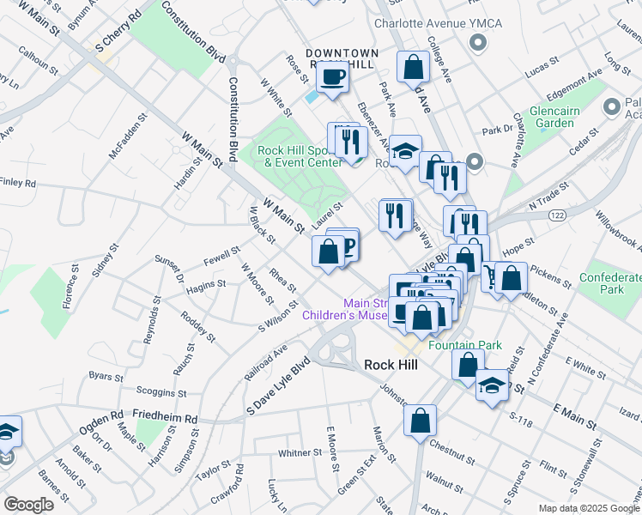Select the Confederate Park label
(x=610, y=285)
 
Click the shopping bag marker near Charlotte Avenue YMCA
(x=414, y=67)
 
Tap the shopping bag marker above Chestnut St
(x=419, y=421)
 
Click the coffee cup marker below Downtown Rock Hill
(x=332, y=77)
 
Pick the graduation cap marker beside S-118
(x=493, y=384)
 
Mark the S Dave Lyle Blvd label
(x=276, y=384)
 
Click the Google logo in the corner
(x=28, y=504)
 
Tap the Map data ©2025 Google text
(x=589, y=508)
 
